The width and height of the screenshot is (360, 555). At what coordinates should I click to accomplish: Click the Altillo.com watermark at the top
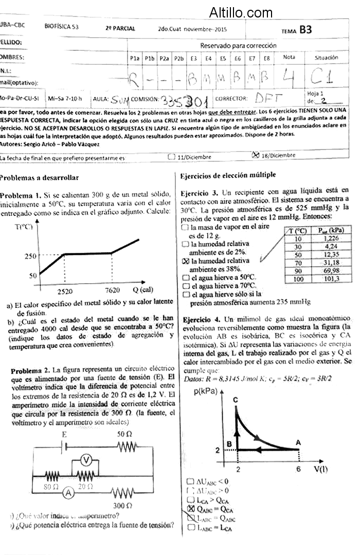click(x=241, y=12)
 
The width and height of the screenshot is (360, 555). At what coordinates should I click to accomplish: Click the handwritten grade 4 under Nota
click(x=289, y=78)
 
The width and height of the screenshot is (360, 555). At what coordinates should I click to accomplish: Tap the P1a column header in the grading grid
click(x=135, y=59)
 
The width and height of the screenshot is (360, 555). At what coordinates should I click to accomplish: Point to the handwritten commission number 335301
click(x=181, y=99)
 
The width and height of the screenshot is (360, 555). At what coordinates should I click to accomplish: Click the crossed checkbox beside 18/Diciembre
click(x=255, y=155)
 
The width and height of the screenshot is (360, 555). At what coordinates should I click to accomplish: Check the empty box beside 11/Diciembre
click(x=172, y=157)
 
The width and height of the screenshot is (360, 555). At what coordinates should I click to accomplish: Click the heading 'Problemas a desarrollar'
click(x=39, y=178)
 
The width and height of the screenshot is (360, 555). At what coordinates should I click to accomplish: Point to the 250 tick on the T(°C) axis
click(x=31, y=255)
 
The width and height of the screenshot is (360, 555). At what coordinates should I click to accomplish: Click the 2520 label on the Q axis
click(x=65, y=290)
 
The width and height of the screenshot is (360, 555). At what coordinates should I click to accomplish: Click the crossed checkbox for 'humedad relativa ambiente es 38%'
click(x=186, y=261)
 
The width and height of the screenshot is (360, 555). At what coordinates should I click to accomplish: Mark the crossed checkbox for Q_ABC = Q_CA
click(x=191, y=509)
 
